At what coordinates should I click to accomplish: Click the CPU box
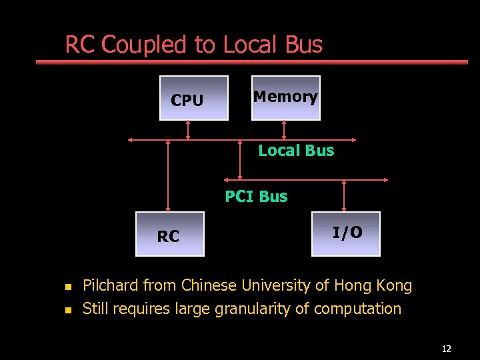193,98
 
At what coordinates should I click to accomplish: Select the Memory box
285,98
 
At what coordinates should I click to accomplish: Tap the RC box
169,234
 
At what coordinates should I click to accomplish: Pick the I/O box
346,234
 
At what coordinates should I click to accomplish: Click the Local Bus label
296,151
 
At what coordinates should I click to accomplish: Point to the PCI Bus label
256,197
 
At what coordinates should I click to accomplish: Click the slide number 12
446,349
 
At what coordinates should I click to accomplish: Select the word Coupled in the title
145,45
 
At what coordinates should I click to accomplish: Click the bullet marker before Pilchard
67,287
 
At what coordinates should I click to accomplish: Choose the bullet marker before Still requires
67,310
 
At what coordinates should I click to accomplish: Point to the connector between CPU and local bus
188,130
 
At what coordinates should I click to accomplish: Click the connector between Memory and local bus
285,130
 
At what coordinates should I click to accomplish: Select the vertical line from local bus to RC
168,175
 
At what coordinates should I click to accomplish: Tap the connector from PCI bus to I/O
345,195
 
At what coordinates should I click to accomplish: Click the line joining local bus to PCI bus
241,160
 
